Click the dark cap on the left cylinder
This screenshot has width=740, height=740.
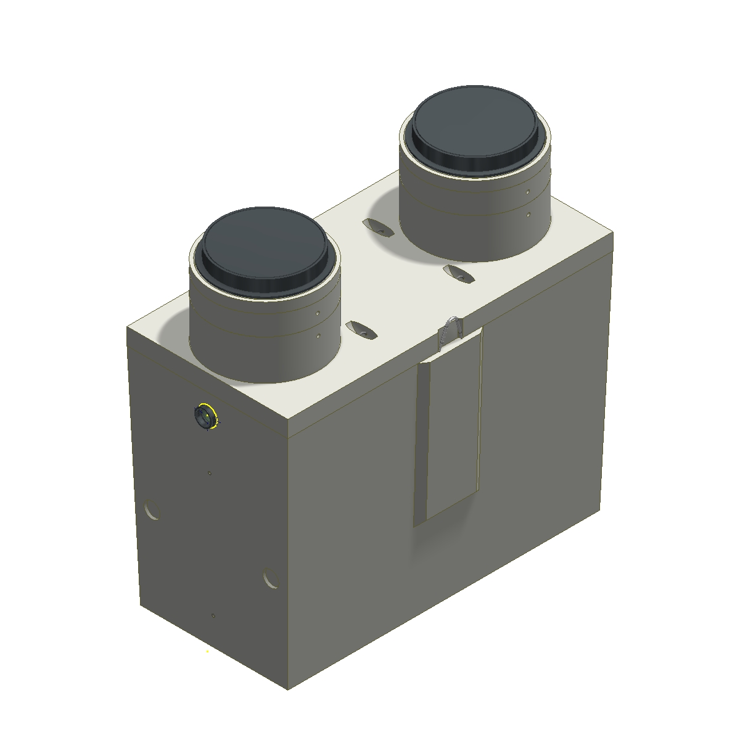[264, 247]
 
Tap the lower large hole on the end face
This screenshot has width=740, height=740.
[270, 578]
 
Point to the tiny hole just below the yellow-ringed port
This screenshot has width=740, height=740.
[210, 473]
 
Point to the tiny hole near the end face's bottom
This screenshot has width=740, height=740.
[213, 615]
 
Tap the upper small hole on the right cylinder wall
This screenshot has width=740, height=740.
[528, 192]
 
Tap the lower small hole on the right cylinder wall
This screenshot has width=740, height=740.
[528, 215]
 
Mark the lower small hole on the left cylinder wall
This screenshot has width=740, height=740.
[318, 336]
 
